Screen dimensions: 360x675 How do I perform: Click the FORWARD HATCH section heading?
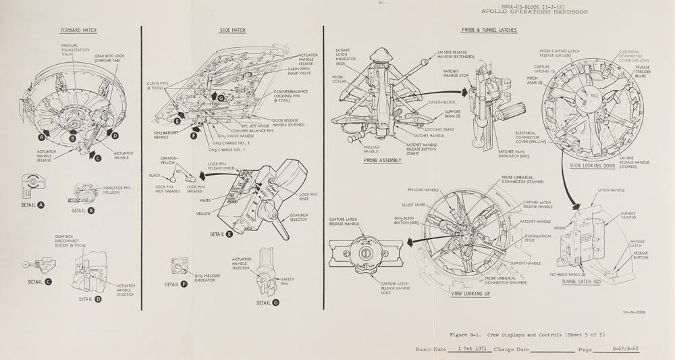[78, 30]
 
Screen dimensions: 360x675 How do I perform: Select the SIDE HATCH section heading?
[233, 30]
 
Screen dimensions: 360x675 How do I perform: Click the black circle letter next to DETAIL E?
[230, 234]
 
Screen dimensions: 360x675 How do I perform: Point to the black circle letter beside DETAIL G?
[275, 303]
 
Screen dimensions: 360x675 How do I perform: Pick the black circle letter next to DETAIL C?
[48, 282]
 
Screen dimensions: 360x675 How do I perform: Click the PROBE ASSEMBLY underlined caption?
[382, 161]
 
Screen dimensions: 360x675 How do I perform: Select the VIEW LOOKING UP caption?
[470, 294]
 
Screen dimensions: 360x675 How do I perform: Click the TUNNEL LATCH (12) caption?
[582, 282]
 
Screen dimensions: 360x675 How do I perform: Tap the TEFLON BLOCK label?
[441, 103]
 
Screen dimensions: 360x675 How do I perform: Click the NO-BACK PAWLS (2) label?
[568, 274]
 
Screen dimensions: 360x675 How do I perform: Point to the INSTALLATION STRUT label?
[538, 238]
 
